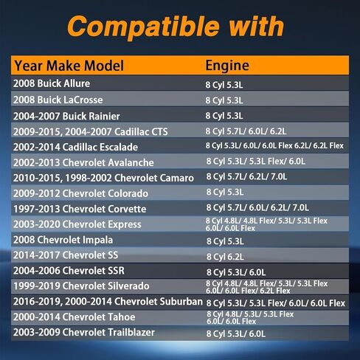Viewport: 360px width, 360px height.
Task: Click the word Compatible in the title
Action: [143, 27]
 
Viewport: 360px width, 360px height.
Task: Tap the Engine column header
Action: [227, 66]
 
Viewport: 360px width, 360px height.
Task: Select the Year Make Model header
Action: [69, 66]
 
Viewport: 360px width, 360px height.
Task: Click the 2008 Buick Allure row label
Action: [52, 83]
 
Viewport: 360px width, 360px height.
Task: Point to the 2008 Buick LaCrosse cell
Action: [58, 100]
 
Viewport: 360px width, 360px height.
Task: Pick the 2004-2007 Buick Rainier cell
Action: [66, 116]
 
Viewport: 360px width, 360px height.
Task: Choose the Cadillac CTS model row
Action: [91, 131]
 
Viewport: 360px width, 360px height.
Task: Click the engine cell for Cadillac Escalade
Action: [274, 145]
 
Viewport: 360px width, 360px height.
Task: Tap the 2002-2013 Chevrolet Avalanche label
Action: [83, 162]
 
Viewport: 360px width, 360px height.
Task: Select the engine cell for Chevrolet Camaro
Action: [246, 176]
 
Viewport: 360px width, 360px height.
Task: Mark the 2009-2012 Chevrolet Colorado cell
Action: [80, 193]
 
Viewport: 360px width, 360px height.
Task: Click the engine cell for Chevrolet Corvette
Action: [257, 207]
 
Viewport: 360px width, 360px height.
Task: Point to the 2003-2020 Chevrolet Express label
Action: [77, 224]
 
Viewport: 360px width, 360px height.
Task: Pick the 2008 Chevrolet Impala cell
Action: [63, 240]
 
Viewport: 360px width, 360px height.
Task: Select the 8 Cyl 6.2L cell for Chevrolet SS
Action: [225, 257]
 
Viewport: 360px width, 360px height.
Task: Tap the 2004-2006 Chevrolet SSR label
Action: [69, 271]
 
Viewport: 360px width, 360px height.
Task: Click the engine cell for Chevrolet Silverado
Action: [267, 287]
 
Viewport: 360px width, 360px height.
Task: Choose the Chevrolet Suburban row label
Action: [108, 302]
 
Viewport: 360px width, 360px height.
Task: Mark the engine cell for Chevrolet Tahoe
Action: [250, 318]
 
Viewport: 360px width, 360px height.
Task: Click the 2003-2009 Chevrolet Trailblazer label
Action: [84, 332]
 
